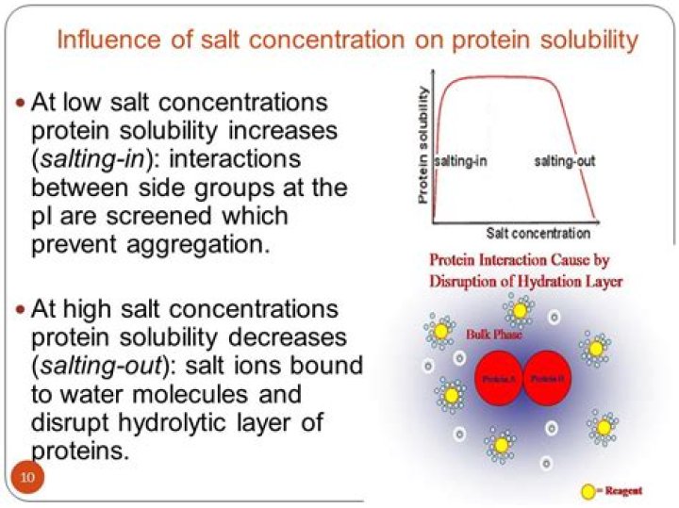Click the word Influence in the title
[101, 41]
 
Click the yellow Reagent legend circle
[588, 490]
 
